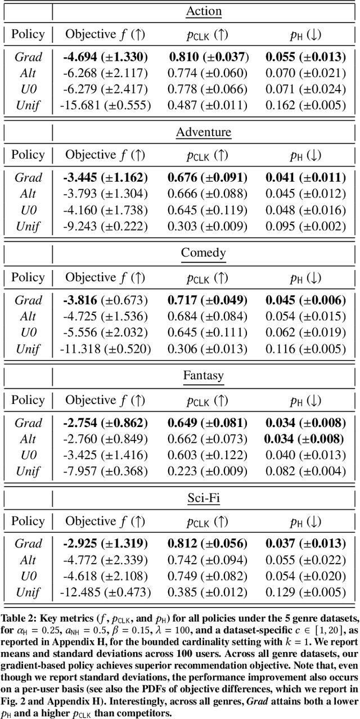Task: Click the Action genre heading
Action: pos(204,11)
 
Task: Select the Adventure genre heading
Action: pos(204,132)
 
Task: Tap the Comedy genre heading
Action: pos(204,253)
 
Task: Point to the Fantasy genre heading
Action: pos(204,375)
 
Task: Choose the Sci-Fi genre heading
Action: pos(204,497)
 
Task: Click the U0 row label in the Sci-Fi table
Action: pos(28,576)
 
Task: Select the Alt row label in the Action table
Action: pos(28,73)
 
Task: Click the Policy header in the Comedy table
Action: pos(28,277)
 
